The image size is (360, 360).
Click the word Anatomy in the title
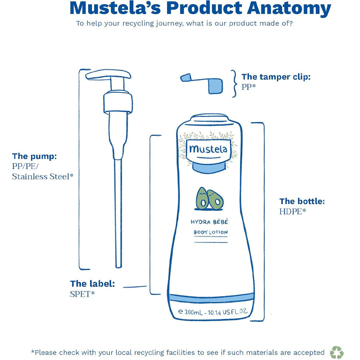(x=289, y=8)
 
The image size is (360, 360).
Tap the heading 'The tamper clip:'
(x=276, y=77)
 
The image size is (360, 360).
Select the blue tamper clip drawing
(x=202, y=83)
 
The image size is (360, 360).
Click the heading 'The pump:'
(x=34, y=156)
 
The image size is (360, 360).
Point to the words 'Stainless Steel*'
(x=43, y=176)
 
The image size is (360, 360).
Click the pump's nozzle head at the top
(x=108, y=75)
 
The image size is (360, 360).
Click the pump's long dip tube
(x=118, y=213)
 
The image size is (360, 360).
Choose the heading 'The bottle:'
(x=302, y=201)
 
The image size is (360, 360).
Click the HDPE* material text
(x=293, y=212)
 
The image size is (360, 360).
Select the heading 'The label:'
(x=93, y=284)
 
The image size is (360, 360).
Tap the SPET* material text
(x=82, y=294)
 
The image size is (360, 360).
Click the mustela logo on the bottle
(x=208, y=149)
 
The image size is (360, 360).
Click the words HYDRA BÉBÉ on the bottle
(x=209, y=222)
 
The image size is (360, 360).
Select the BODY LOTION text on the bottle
(x=211, y=232)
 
